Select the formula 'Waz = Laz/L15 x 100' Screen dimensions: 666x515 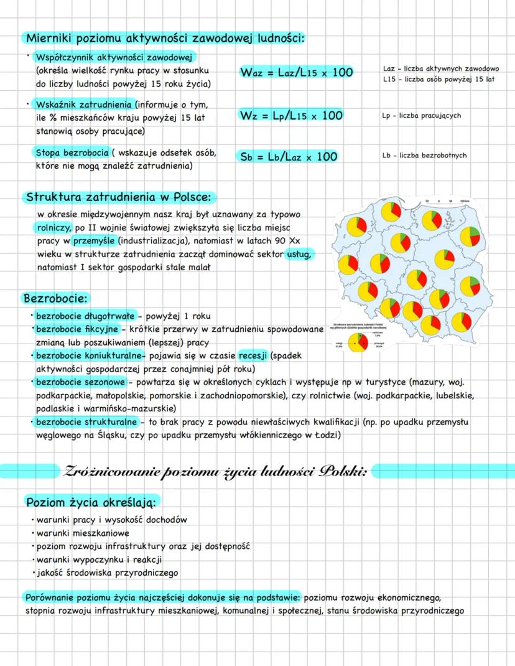tap(296, 73)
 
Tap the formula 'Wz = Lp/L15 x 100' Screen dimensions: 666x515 tap(290, 116)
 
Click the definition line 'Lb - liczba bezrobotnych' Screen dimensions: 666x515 tap(424, 156)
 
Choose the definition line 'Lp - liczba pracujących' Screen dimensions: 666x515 tap(422, 116)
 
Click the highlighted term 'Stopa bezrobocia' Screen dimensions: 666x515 tap(72, 153)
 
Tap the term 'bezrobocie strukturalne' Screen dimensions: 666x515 tap(86, 423)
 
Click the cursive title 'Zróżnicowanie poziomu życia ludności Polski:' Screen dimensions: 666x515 tap(215, 471)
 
